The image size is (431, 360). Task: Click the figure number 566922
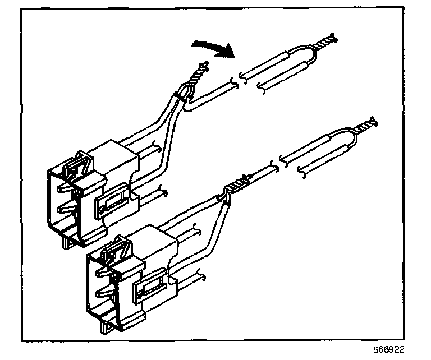pos(386,349)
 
